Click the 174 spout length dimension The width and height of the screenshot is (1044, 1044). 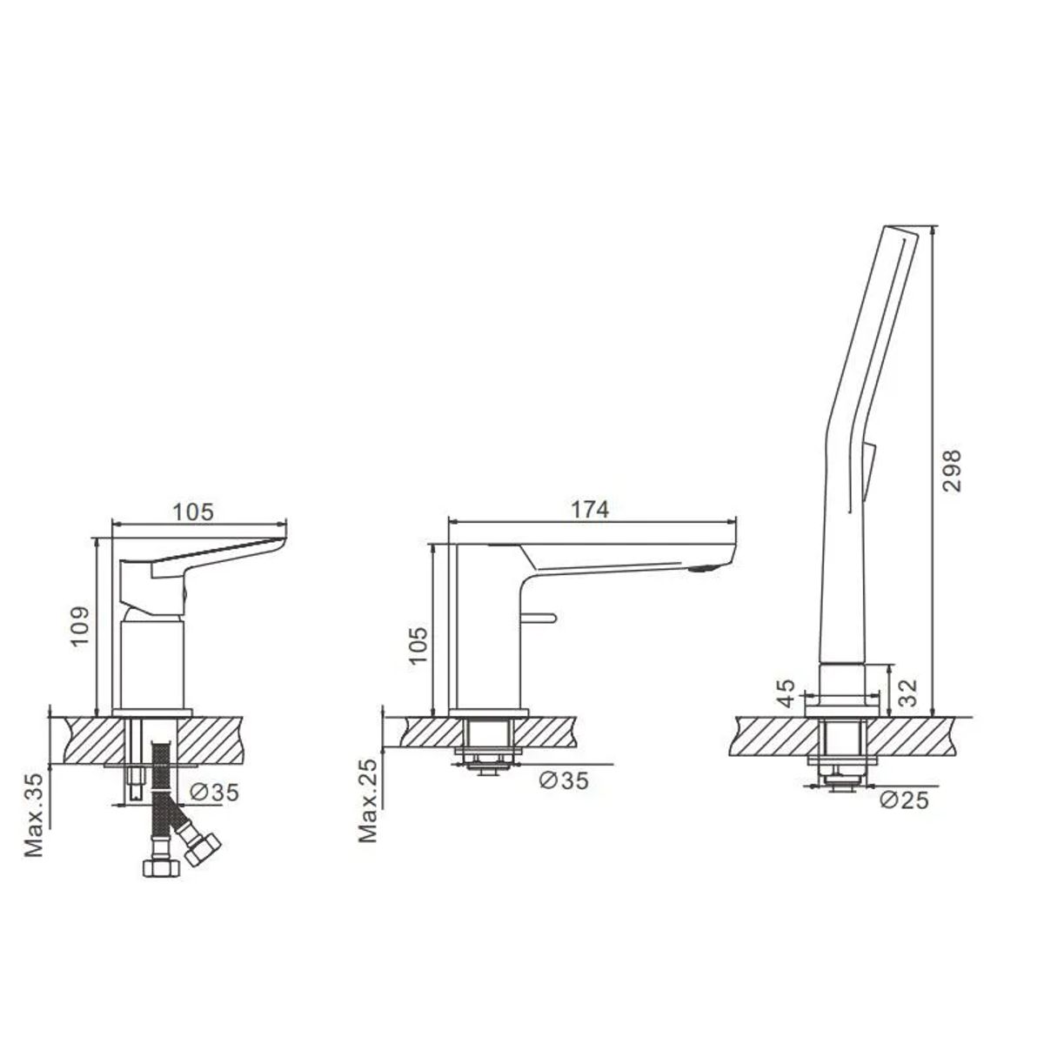[590, 509]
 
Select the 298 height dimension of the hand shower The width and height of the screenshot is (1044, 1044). [952, 471]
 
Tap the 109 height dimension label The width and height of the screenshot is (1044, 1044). [80, 626]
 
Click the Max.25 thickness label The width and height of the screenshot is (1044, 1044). [368, 800]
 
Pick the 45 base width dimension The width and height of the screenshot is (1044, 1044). [786, 693]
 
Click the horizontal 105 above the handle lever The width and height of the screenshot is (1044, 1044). [193, 512]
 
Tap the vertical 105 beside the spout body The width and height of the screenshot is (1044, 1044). [418, 646]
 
